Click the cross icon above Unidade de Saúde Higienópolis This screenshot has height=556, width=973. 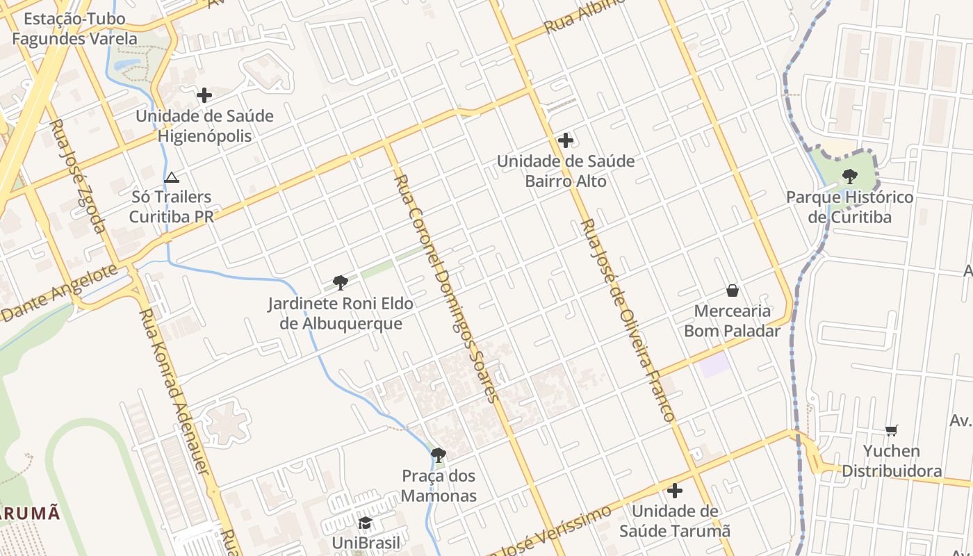204,95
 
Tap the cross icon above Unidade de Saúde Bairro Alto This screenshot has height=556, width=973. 566,140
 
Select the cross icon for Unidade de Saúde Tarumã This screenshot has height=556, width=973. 674,491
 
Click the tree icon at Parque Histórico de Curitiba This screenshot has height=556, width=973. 849,177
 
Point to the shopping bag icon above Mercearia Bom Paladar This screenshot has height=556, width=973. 732,291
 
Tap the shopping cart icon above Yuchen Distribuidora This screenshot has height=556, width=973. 892,431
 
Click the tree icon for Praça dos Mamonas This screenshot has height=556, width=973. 439,455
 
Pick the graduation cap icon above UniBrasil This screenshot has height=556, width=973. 365,523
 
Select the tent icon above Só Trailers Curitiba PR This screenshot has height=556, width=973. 172,178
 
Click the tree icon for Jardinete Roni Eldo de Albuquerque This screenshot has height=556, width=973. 340,283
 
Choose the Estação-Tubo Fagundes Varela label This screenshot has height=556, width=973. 74,28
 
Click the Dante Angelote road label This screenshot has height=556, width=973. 59,294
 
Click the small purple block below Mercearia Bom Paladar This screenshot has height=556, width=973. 715,365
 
